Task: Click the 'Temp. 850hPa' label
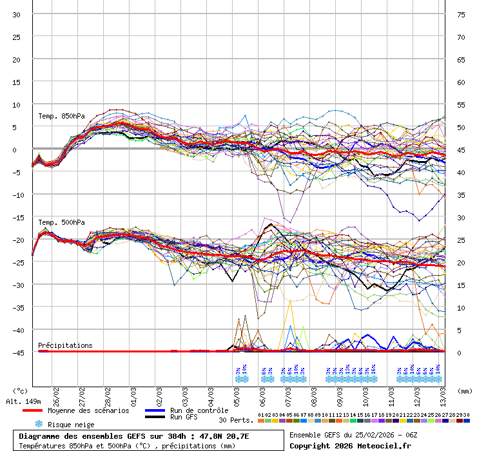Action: point(61,117)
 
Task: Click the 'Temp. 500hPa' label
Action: point(61,223)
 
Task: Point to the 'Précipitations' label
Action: point(65,345)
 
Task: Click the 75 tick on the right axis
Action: point(461,15)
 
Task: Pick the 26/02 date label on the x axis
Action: point(57,394)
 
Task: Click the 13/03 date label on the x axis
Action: point(444,394)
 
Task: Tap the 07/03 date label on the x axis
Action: point(289,394)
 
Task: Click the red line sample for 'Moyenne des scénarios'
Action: point(32,410)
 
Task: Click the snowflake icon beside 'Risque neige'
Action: point(38,424)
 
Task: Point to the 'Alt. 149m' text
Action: point(24,401)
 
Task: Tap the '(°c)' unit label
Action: point(21,390)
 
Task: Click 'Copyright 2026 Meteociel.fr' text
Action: point(350,445)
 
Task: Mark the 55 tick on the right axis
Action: point(461,104)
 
